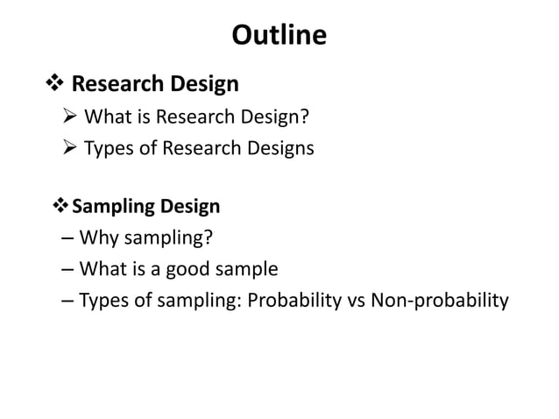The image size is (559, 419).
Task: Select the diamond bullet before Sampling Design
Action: tap(60, 207)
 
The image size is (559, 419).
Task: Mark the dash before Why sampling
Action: tap(68, 238)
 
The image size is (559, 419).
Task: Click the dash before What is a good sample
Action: tap(68, 269)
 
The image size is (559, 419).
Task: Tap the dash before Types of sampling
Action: tap(68, 301)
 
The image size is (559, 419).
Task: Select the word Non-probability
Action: tap(440, 301)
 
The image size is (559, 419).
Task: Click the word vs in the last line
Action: tap(356, 301)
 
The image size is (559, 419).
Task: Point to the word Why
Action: tap(97, 238)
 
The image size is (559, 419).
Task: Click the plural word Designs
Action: tap(280, 148)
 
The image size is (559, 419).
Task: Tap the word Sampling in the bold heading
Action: tap(112, 207)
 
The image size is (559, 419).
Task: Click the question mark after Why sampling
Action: tap(209, 238)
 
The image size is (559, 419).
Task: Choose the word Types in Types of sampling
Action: tap(102, 301)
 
